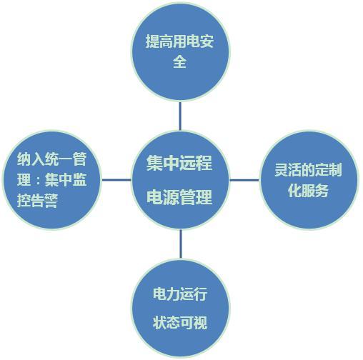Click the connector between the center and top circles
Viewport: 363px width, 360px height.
(x=180, y=116)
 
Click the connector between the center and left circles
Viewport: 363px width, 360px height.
(x=116, y=180)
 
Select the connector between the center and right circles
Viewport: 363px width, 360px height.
(x=244, y=180)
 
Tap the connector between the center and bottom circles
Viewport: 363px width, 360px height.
(x=181, y=244)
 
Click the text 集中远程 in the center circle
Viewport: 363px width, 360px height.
(x=179, y=163)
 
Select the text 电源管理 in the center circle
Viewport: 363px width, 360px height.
(x=179, y=197)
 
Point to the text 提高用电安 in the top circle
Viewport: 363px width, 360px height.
(x=179, y=41)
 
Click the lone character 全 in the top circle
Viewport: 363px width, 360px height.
(x=179, y=62)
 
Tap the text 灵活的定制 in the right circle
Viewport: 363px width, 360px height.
(x=309, y=170)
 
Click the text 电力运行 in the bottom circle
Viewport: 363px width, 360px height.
(x=180, y=294)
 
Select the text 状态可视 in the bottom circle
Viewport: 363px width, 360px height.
(x=180, y=322)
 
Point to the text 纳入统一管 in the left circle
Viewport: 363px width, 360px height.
(x=51, y=159)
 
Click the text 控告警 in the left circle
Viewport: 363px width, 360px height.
(x=38, y=201)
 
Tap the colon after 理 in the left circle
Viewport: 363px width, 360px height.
(x=38, y=181)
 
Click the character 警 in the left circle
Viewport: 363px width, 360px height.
(x=51, y=201)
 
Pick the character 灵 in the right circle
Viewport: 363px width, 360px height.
(x=282, y=170)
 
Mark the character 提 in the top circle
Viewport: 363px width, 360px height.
(x=152, y=41)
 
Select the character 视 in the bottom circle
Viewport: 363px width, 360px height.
(x=201, y=322)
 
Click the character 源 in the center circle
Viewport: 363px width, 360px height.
(x=171, y=197)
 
